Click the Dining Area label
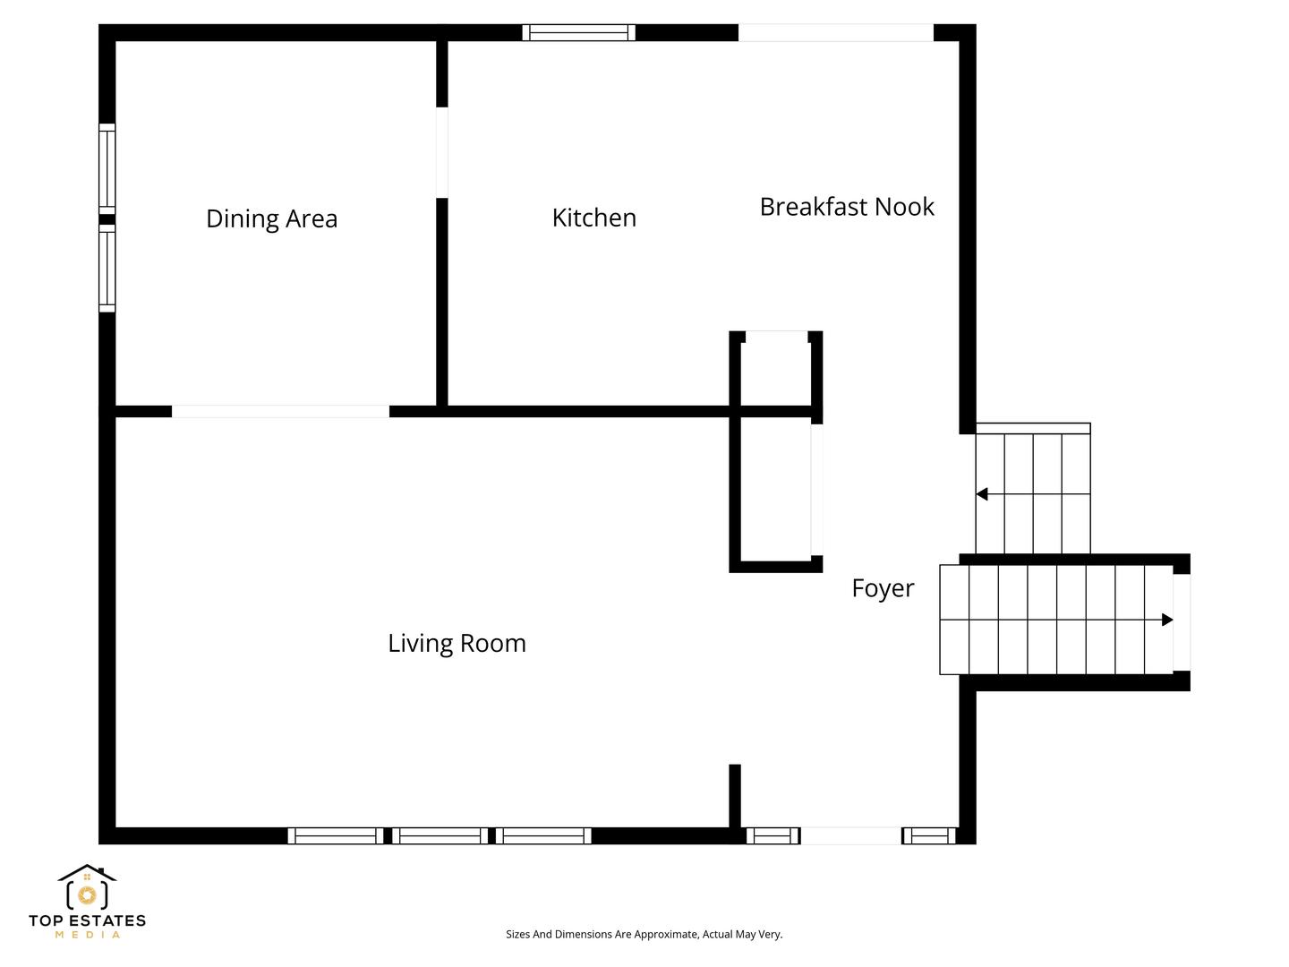tap(272, 219)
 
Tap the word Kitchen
tap(593, 218)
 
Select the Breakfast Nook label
tap(847, 207)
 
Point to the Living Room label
tap(457, 644)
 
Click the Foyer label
tap(883, 588)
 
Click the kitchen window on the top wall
tap(578, 33)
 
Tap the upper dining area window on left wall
tap(107, 168)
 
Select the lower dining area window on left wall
tap(107, 268)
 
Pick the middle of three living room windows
tap(440, 835)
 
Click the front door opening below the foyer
tap(851, 835)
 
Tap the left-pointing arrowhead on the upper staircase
tap(982, 494)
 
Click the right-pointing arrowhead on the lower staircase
tap(1167, 620)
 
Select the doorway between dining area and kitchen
tap(442, 152)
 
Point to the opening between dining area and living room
tap(280, 411)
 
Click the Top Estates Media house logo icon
tap(87, 887)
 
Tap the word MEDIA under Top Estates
tap(88, 935)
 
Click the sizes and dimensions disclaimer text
tap(644, 934)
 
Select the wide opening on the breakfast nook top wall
tap(836, 33)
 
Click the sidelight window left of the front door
tap(773, 835)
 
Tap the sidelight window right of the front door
tap(929, 835)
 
